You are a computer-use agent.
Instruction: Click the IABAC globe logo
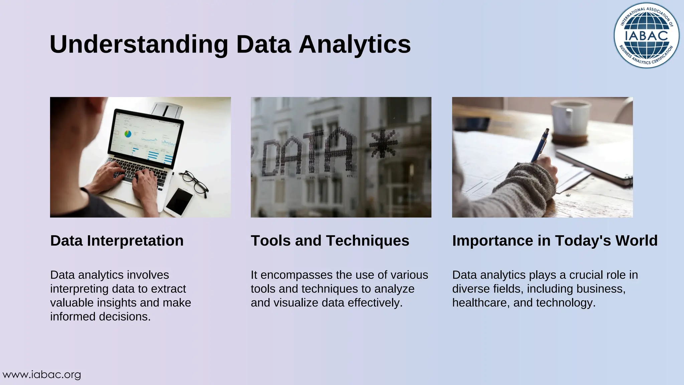tap(646, 35)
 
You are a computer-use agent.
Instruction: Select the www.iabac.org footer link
tap(42, 375)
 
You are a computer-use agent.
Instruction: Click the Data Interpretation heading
tap(117, 241)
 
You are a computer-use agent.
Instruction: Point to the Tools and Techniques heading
tap(330, 241)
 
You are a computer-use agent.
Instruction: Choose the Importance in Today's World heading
tap(555, 241)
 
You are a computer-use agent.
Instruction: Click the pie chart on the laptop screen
tap(128, 134)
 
